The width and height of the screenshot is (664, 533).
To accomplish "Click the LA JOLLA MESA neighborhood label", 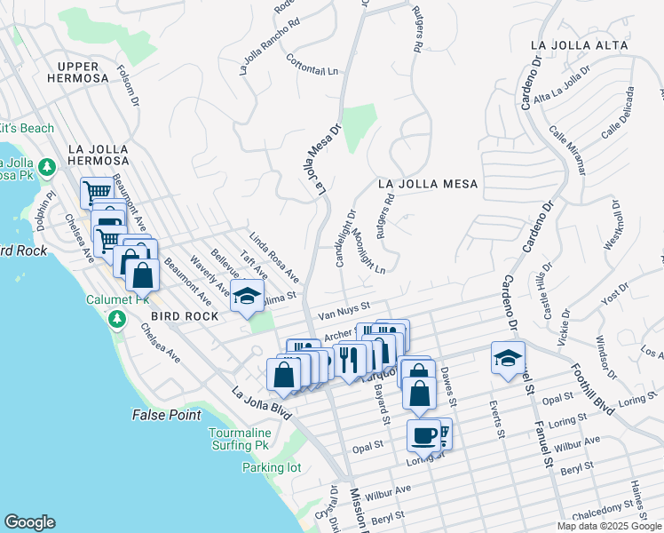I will [428, 184].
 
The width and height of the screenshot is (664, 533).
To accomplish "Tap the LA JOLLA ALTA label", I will [579, 44].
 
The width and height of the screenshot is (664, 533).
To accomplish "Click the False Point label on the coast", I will [164, 415].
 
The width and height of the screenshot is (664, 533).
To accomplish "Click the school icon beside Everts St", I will [508, 358].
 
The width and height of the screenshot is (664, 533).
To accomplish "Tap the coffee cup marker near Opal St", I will [424, 436].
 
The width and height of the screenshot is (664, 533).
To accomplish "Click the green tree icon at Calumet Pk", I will [115, 318].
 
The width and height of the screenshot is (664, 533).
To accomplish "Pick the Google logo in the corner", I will [29, 522].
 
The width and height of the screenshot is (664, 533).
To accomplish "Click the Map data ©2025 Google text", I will [609, 526].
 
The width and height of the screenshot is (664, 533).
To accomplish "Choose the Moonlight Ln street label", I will [367, 251].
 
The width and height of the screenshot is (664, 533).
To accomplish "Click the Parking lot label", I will [273, 467].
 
